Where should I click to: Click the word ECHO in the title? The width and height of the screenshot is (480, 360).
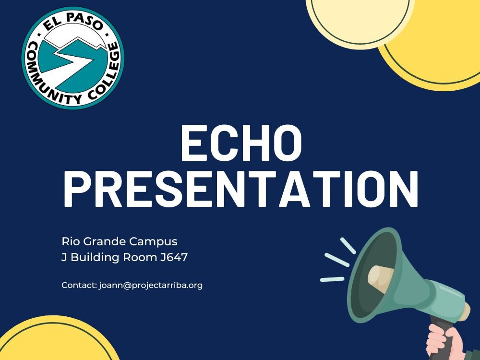pos(241,143)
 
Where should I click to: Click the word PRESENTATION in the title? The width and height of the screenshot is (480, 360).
pos(241,189)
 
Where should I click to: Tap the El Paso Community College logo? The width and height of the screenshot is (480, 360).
pos(73,58)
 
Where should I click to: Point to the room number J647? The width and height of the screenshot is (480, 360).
pos(174,257)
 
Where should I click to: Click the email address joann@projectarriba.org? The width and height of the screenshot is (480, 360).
pos(151,285)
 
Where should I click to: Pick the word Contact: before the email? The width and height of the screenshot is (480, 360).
pos(79,285)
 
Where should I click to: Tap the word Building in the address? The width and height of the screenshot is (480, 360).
pos(95,257)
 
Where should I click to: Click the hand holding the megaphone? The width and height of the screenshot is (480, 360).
pos(445,343)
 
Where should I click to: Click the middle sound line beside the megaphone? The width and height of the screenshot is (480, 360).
pos(337,260)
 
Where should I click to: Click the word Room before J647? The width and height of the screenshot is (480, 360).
pos(140,257)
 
